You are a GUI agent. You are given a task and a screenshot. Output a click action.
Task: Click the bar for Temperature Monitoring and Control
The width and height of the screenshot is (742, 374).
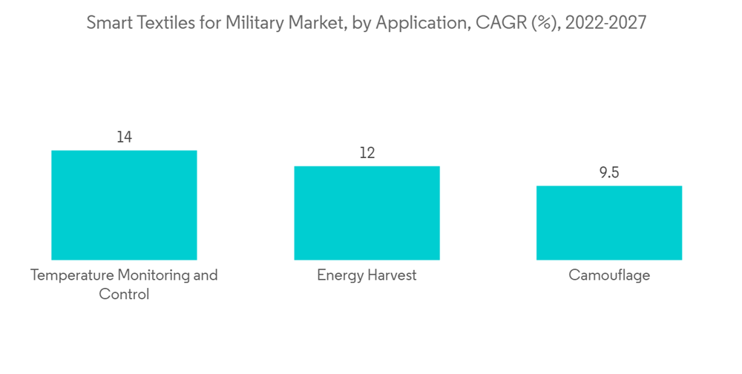pyautogui.click(x=124, y=205)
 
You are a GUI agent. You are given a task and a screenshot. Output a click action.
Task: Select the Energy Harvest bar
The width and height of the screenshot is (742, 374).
pyautogui.click(x=367, y=213)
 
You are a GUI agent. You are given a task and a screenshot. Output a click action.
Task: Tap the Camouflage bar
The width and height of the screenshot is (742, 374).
pyautogui.click(x=609, y=223)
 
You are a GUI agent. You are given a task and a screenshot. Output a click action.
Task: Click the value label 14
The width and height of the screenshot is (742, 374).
pyautogui.click(x=124, y=137)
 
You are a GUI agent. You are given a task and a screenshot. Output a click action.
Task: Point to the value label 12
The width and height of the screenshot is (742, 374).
pyautogui.click(x=367, y=153)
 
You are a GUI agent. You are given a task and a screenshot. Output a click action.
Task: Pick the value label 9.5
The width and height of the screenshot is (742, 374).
pyautogui.click(x=609, y=173)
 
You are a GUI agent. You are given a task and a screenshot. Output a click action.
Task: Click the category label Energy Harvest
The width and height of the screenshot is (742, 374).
pyautogui.click(x=367, y=275)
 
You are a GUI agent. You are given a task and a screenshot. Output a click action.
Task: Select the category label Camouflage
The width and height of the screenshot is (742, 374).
pyautogui.click(x=609, y=275)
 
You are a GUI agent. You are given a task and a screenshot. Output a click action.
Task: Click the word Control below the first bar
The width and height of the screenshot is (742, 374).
pyautogui.click(x=124, y=294)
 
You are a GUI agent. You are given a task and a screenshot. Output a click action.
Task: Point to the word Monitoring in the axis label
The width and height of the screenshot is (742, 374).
pyautogui.click(x=153, y=275)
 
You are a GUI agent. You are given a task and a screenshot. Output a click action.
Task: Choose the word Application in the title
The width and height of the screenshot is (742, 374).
pyautogui.click(x=414, y=23)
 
